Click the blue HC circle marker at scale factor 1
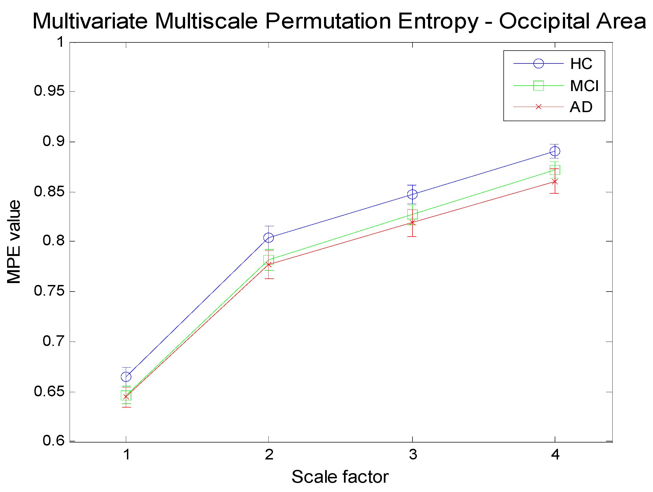(126, 377)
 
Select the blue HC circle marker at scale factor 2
(268, 237)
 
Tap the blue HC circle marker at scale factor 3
(412, 194)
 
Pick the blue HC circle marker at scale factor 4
(555, 152)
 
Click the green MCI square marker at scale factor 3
(412, 214)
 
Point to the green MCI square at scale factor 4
(555, 170)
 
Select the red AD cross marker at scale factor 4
(555, 182)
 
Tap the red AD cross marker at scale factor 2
(268, 264)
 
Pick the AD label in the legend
(581, 107)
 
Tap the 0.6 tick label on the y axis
(54, 441)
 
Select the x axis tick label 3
(413, 455)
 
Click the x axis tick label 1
(127, 455)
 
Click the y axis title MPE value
(14, 241)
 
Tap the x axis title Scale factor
(340, 477)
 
